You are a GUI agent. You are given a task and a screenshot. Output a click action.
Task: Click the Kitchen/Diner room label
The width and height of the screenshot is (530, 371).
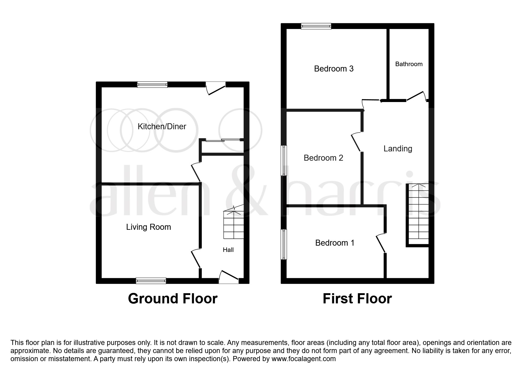tap(162, 127)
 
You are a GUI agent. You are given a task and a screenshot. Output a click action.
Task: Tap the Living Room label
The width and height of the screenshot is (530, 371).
tap(148, 227)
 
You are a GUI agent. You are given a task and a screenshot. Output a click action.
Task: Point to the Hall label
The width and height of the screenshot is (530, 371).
tap(228, 250)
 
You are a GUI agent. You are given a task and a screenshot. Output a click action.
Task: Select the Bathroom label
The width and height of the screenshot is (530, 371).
tap(409, 64)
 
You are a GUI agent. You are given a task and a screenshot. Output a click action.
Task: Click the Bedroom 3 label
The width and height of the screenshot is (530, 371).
tap(334, 69)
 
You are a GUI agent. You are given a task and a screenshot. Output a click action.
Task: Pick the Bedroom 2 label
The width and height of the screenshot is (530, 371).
tap(323, 158)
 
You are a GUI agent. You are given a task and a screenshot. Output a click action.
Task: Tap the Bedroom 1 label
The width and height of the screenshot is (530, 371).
tap(335, 243)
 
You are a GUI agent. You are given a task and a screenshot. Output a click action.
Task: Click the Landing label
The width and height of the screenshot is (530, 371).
tap(398, 149)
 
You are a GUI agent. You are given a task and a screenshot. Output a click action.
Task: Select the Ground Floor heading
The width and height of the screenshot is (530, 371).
tap(173, 299)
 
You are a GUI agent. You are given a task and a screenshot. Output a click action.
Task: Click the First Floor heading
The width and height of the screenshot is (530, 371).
tap(357, 299)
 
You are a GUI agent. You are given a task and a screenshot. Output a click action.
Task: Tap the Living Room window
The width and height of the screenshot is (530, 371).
tap(151, 281)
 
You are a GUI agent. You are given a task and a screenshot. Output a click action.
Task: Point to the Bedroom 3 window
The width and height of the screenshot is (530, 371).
tap(316, 26)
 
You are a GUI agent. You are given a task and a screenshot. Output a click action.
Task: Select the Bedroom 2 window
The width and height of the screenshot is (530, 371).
tap(284, 160)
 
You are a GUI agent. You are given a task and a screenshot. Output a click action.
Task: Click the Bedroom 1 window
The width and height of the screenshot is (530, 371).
tap(284, 244)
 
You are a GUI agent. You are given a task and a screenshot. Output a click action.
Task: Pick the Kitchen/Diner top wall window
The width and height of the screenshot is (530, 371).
tap(152, 85)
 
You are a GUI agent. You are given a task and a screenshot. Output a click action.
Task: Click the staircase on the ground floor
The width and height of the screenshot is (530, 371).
tap(233, 224)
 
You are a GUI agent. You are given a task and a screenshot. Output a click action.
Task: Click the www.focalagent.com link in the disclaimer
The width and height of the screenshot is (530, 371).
tap(303, 359)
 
